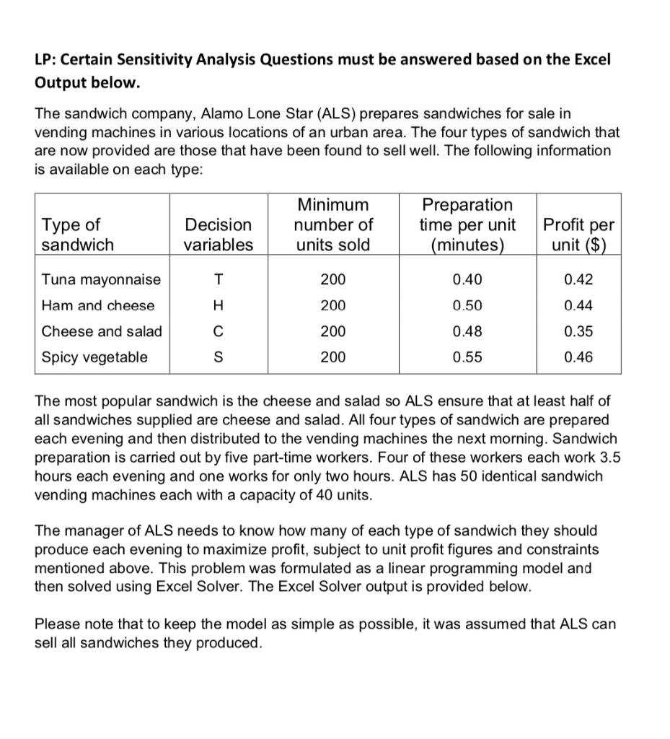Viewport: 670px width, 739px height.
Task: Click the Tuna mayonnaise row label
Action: [x=102, y=279]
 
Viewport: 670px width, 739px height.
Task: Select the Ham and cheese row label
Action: [x=98, y=305]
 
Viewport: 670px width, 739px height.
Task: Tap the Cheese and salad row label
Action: [x=102, y=331]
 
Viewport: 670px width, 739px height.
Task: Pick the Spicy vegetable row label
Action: [x=94, y=357]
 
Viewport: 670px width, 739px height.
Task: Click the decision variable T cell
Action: [x=219, y=279]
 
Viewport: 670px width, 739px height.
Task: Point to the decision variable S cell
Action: [x=219, y=357]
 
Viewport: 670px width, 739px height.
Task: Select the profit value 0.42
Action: [x=578, y=279]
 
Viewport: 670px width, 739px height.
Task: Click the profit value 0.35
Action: [x=578, y=331]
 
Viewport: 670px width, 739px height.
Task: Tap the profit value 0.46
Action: [x=578, y=357]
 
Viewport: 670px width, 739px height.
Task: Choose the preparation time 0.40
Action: [x=467, y=279]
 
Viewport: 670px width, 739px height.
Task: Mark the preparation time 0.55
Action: [x=467, y=357]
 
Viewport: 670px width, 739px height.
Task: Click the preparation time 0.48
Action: [x=467, y=331]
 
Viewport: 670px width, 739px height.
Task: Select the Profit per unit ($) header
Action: [x=578, y=235]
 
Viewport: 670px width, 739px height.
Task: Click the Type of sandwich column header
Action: [x=78, y=235]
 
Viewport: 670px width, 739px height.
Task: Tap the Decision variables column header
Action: [x=219, y=235]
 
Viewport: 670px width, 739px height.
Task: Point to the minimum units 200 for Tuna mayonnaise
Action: [x=333, y=279]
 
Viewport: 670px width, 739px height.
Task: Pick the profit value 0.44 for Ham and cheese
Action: [x=578, y=305]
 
